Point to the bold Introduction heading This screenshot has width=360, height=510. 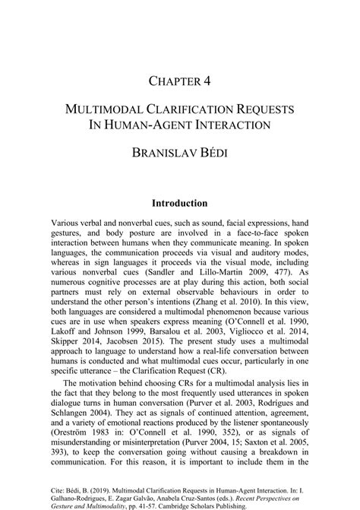[x=180, y=204]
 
